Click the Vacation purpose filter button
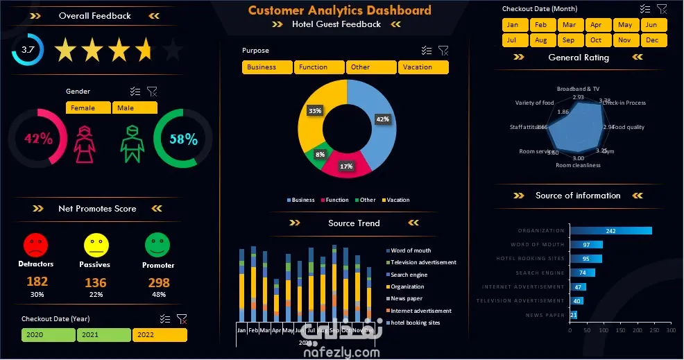[x=423, y=67]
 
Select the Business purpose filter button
[x=267, y=67]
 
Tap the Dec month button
[x=652, y=40]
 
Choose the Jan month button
[x=513, y=25]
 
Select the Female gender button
[x=88, y=108]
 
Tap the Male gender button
[x=135, y=108]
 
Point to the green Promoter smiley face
[x=157, y=245]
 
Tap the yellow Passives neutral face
[x=96, y=245]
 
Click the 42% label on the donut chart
[x=382, y=119]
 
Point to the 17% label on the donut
[x=345, y=166]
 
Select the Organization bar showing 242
[x=610, y=231]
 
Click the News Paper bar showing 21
[x=574, y=315]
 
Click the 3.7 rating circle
[x=28, y=50]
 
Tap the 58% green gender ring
[x=183, y=139]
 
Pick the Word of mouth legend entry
[x=411, y=250]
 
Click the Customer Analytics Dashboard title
[x=340, y=10]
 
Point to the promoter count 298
[x=159, y=282]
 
